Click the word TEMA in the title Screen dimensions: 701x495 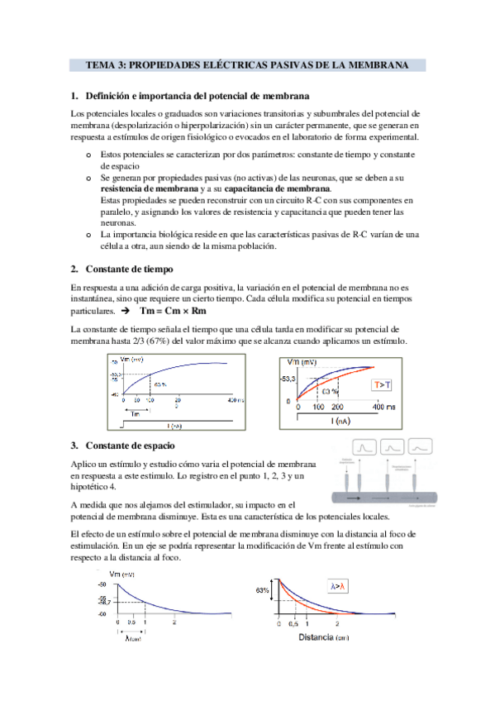point(102,64)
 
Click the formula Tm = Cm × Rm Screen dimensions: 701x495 point(174,311)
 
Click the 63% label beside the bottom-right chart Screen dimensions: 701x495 point(263,590)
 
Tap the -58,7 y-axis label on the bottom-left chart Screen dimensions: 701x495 point(103,603)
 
